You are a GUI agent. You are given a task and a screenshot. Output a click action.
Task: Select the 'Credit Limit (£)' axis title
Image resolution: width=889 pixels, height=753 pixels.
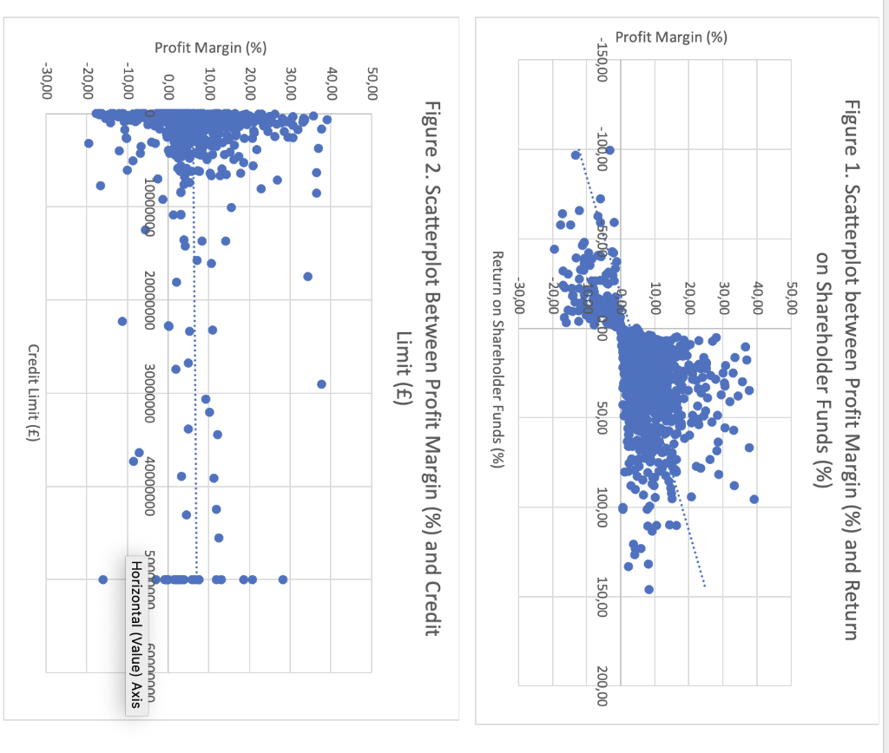tap(34, 394)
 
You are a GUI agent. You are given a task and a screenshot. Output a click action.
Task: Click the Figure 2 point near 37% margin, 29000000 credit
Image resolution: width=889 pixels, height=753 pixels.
tap(321, 384)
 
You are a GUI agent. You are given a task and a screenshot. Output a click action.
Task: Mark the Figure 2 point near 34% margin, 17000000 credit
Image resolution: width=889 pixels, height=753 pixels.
tap(307, 276)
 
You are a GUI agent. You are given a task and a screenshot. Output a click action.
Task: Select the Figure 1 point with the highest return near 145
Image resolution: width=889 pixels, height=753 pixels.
tap(649, 589)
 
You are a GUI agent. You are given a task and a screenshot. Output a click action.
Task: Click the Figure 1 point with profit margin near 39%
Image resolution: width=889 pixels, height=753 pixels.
tap(754, 499)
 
